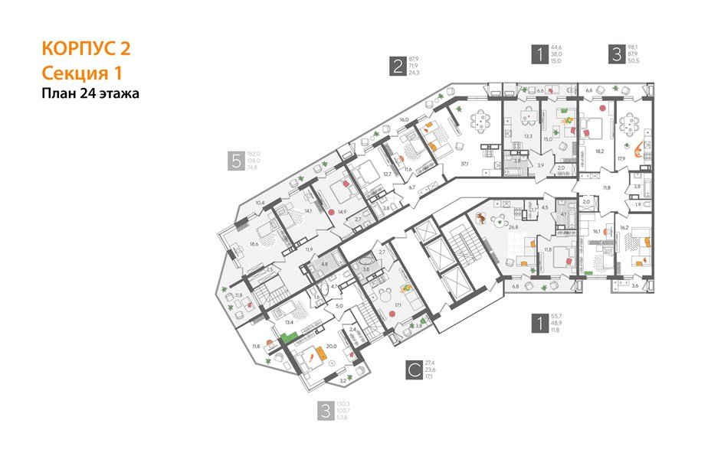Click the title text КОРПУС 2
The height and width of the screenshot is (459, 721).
click(x=86, y=49)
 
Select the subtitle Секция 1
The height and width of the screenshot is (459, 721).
click(x=81, y=73)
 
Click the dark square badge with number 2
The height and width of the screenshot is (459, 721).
click(x=396, y=66)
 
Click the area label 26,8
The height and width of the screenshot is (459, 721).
click(x=491, y=226)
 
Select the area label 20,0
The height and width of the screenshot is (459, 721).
click(x=331, y=345)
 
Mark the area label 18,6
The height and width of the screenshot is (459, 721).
click(x=253, y=245)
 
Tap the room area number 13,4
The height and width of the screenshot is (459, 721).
click(x=289, y=322)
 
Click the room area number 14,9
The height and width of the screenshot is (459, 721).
click(x=342, y=211)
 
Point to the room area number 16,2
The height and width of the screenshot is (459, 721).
click(x=624, y=227)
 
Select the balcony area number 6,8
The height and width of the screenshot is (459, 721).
click(x=514, y=287)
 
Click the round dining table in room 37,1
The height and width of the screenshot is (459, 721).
click(x=480, y=119)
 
